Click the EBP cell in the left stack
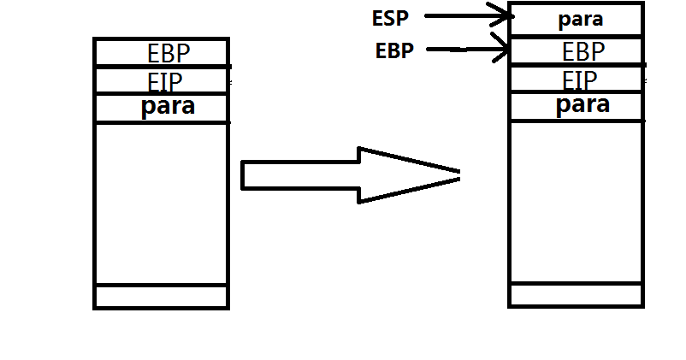(x=162, y=53)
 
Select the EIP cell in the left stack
(x=162, y=81)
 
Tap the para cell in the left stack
(x=162, y=108)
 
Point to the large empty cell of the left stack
(x=162, y=204)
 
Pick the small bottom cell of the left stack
(x=162, y=297)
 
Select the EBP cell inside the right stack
(x=576, y=50)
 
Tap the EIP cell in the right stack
(x=576, y=80)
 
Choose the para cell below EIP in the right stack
(x=576, y=106)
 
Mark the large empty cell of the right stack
(x=576, y=202)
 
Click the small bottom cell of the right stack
(x=576, y=295)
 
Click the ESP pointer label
(x=392, y=16)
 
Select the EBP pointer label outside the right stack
(x=394, y=50)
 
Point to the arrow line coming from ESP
(x=458, y=15)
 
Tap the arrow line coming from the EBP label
(x=458, y=50)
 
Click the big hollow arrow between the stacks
(x=351, y=175)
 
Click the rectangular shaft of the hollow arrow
(x=299, y=175)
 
